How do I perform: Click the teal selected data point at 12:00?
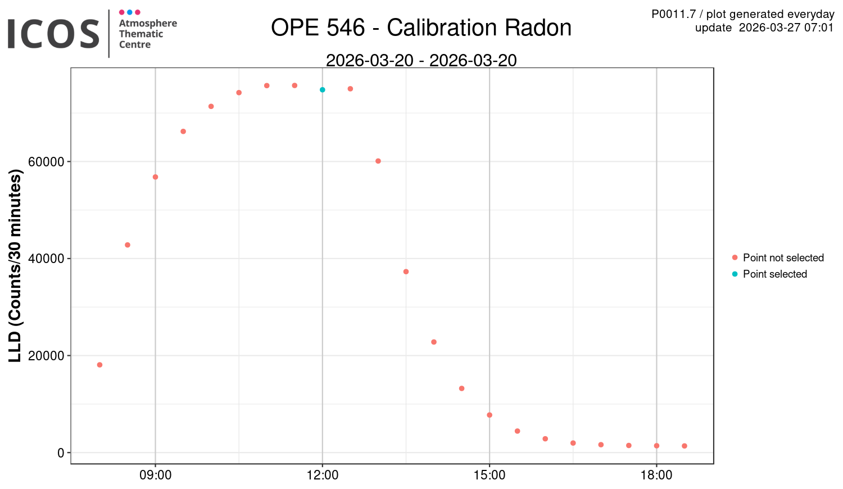323,90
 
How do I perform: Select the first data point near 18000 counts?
99,365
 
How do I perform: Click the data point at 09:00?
155,177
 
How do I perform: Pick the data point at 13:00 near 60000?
378,161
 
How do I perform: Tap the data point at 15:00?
490,415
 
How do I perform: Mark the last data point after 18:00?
685,446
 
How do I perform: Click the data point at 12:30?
350,89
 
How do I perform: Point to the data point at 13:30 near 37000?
406,271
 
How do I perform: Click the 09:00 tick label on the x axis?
155,476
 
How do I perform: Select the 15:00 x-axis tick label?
490,476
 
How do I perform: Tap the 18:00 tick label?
656,476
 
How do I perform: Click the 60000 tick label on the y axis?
46,162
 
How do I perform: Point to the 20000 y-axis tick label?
46,356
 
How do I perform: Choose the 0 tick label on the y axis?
61,453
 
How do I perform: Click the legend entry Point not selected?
783,258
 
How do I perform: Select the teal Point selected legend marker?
735,274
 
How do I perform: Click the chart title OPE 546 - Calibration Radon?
421,28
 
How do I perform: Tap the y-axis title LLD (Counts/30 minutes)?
15,267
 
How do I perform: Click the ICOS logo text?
53,34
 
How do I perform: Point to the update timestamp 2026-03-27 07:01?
786,28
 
